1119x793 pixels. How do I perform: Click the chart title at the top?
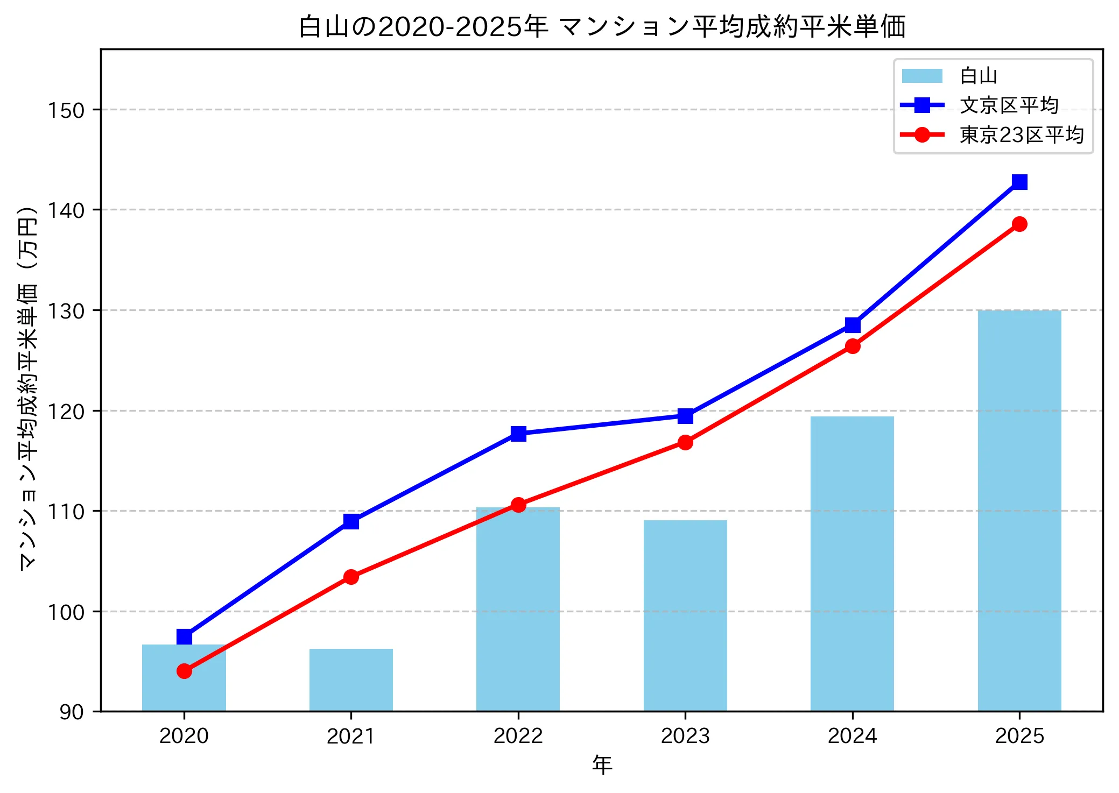(602, 27)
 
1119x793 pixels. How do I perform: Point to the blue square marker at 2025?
(1019, 182)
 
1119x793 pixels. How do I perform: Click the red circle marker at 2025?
(1019, 224)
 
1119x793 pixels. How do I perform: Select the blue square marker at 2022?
(518, 434)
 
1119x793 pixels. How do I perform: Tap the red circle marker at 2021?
(351, 577)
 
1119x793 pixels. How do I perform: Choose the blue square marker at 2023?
(685, 415)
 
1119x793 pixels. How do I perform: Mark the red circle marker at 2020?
(184, 671)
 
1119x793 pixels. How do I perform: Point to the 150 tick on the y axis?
(66, 110)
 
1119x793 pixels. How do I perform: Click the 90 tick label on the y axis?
(72, 712)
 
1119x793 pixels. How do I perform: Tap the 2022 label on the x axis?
(518, 736)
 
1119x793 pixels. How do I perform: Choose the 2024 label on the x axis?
(852, 736)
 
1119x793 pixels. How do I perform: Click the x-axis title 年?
(602, 765)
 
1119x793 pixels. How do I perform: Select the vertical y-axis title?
(28, 387)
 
